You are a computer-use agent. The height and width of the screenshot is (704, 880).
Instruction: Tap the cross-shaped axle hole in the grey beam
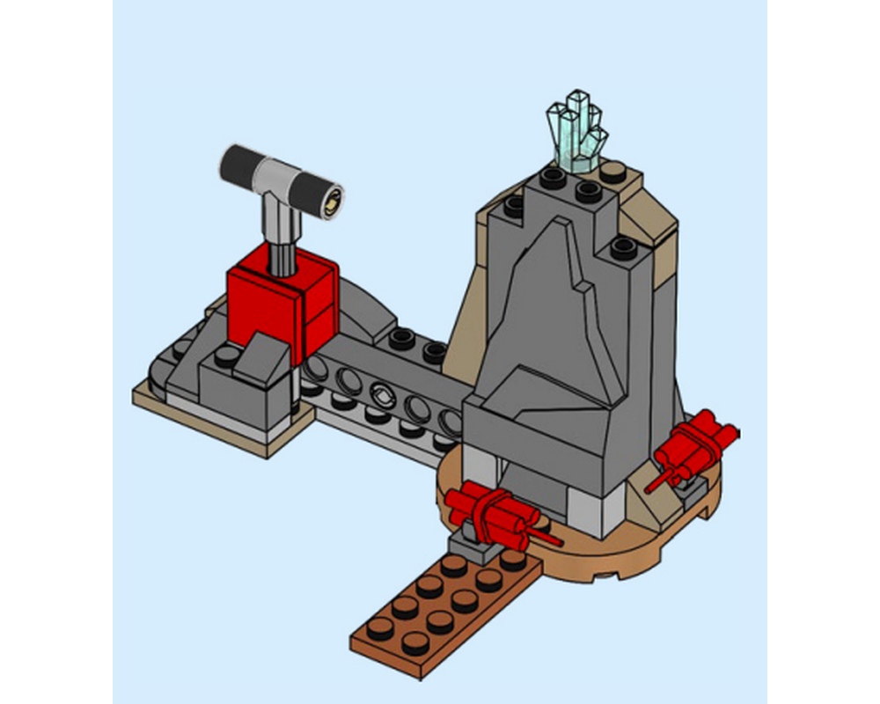[383, 392]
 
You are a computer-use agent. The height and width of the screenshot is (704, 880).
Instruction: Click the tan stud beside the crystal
[612, 172]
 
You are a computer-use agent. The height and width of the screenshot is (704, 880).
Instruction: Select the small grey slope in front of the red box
[261, 356]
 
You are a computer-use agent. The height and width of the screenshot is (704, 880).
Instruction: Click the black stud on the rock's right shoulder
[623, 249]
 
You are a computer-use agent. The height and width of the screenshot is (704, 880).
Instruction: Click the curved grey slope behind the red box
[361, 304]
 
